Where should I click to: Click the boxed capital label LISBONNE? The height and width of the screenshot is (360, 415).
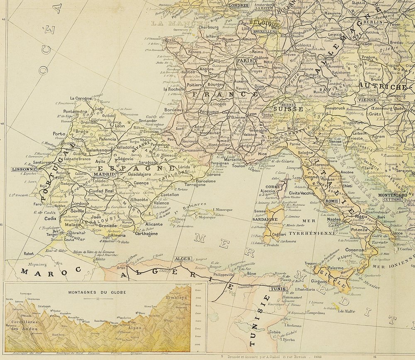(x=23, y=169)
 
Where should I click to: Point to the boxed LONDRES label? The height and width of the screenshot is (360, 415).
(x=239, y=5)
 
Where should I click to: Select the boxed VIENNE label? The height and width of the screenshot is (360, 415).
(x=367, y=100)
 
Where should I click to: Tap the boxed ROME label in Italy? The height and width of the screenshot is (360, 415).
(x=332, y=201)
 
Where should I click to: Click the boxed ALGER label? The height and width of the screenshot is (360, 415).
(x=183, y=259)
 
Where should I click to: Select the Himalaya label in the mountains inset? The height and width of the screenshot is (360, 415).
(x=177, y=298)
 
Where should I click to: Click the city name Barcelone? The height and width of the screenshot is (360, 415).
(x=206, y=181)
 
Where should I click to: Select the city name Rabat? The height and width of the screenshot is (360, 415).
(x=29, y=253)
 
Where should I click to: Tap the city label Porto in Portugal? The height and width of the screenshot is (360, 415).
(x=59, y=134)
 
